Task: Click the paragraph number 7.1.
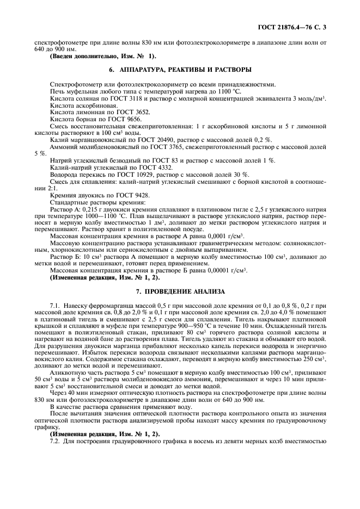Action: click(56, 307)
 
